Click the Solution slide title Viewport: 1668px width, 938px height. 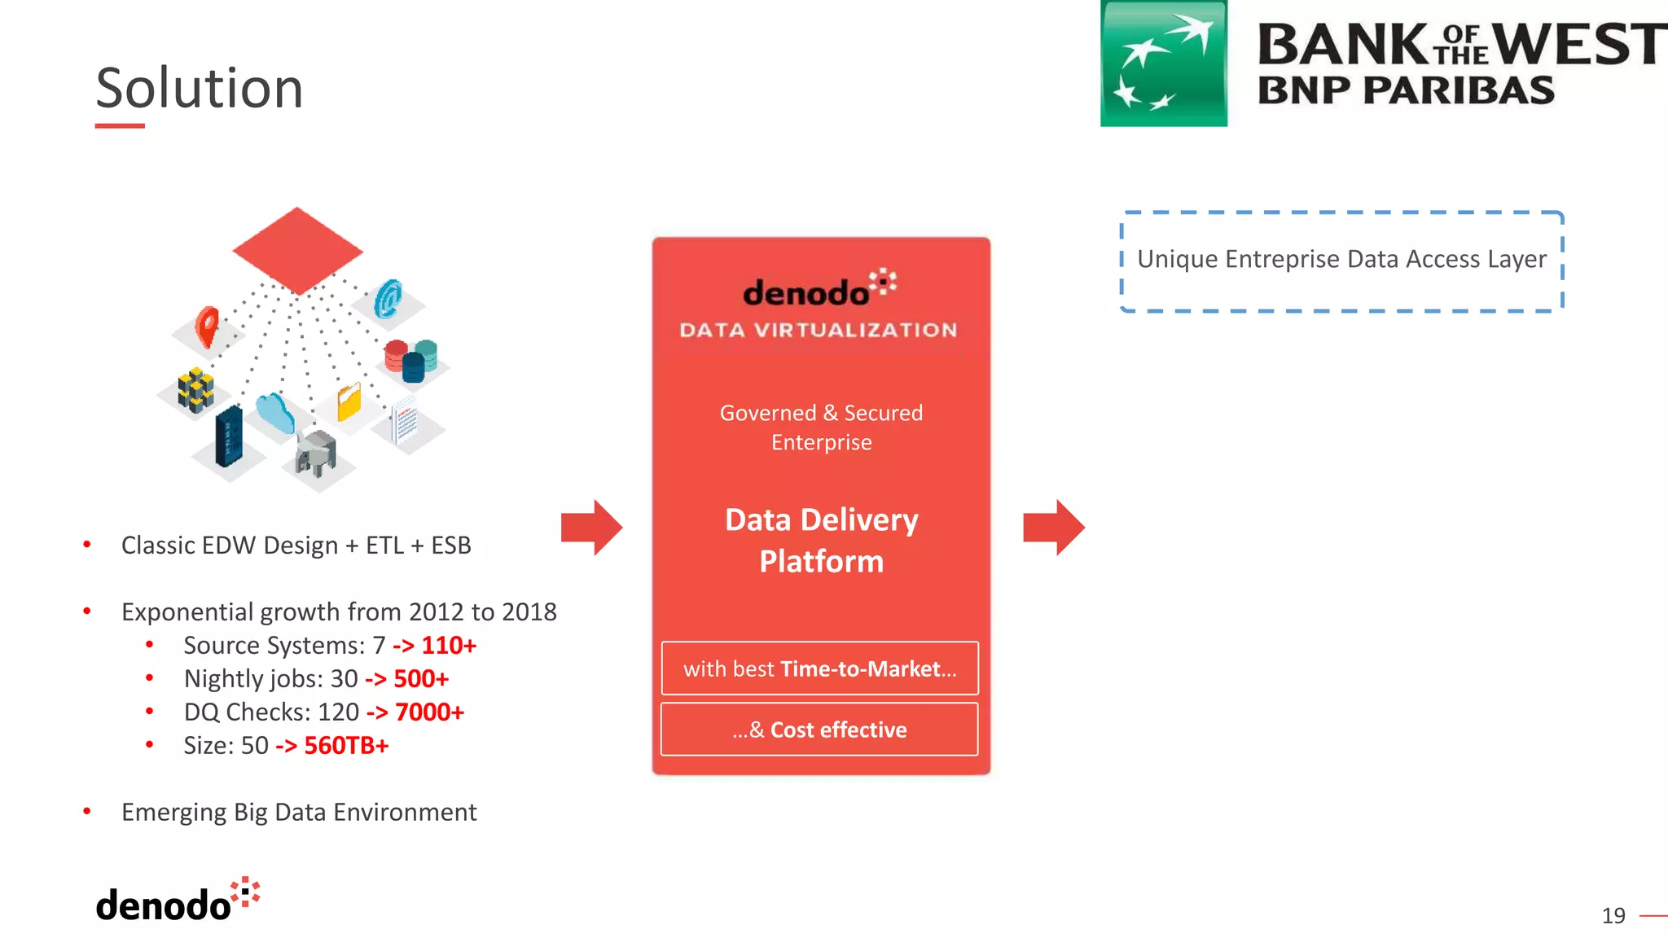(x=200, y=88)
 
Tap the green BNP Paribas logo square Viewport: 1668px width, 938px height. (x=1163, y=64)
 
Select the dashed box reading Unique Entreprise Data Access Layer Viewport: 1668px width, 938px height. (x=1341, y=261)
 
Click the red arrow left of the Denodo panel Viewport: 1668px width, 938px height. (x=591, y=528)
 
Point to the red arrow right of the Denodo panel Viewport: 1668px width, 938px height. (x=1053, y=528)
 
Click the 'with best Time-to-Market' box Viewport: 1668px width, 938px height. (x=819, y=668)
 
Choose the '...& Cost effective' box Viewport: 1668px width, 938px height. (x=819, y=730)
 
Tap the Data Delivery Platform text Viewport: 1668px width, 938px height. (x=821, y=541)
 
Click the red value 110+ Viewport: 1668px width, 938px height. (x=448, y=646)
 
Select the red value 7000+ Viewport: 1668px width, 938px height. (x=429, y=712)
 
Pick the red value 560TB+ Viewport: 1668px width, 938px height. (x=346, y=746)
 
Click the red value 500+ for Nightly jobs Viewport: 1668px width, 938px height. (x=421, y=679)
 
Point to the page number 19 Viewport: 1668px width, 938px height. (x=1613, y=916)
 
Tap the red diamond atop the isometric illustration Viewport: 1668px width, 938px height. (x=297, y=250)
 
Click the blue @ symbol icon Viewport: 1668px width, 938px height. (x=388, y=298)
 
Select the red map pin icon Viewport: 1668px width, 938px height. (x=208, y=326)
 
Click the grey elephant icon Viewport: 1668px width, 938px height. (x=316, y=453)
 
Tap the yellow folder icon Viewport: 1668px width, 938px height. (x=349, y=401)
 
